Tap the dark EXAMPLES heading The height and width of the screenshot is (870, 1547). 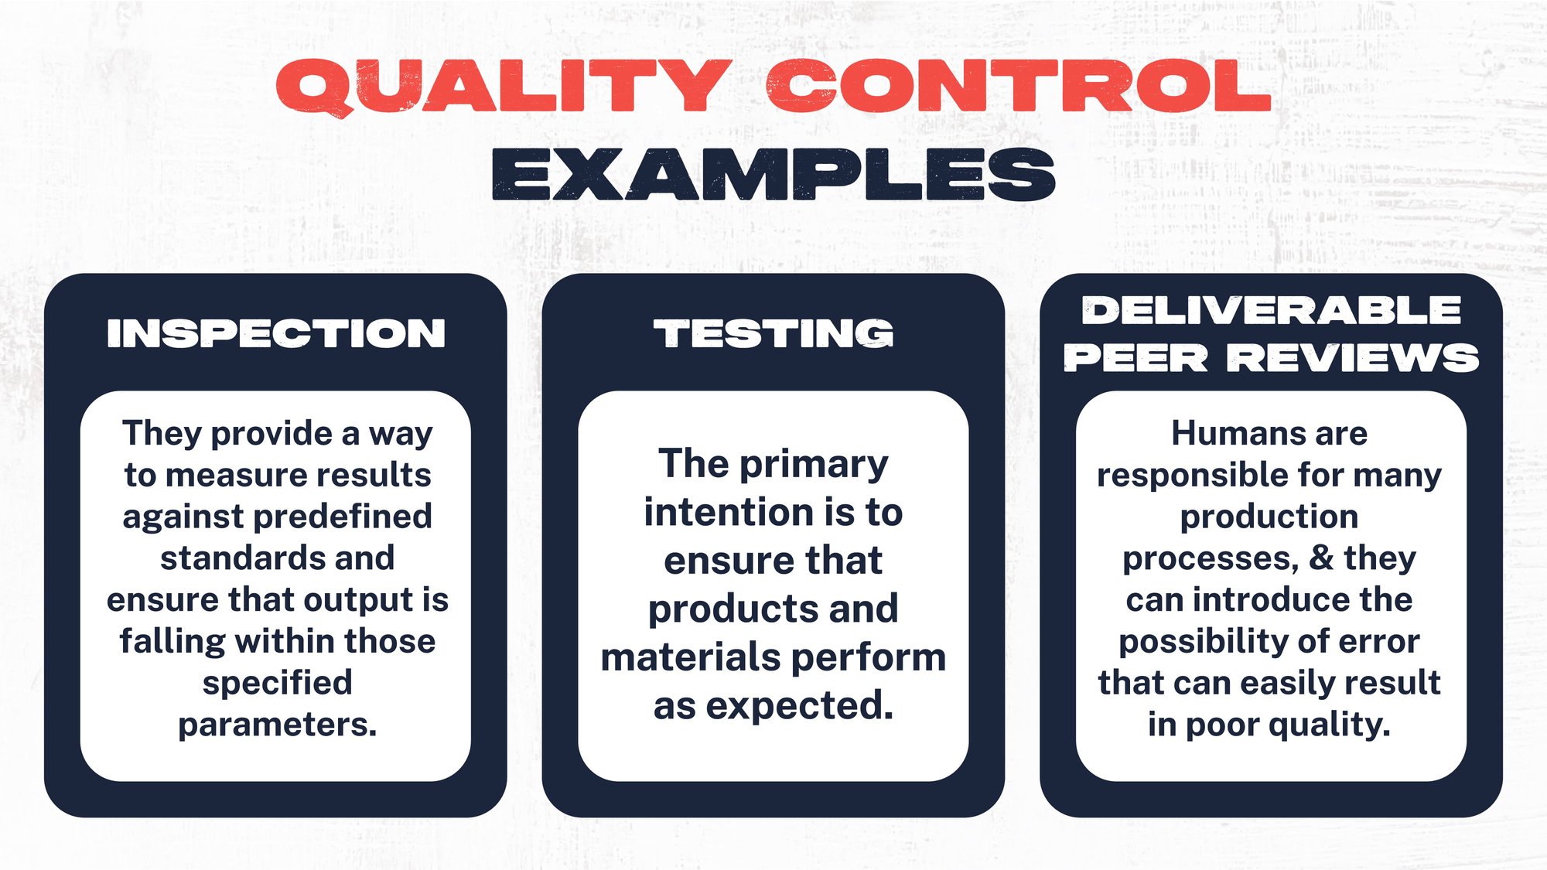tap(773, 175)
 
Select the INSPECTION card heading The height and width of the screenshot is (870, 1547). tap(276, 333)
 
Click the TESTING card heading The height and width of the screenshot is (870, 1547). tap(773, 333)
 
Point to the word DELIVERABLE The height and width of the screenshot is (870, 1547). tap(1271, 310)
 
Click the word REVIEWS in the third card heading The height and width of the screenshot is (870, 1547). tap(1354, 358)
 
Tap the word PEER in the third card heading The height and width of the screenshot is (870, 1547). tap(1135, 358)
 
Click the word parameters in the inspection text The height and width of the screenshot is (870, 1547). tap(276, 725)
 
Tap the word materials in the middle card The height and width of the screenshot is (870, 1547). tap(681, 658)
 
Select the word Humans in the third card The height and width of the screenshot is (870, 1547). tap(1221, 433)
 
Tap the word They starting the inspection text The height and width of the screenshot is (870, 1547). tap(162, 433)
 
